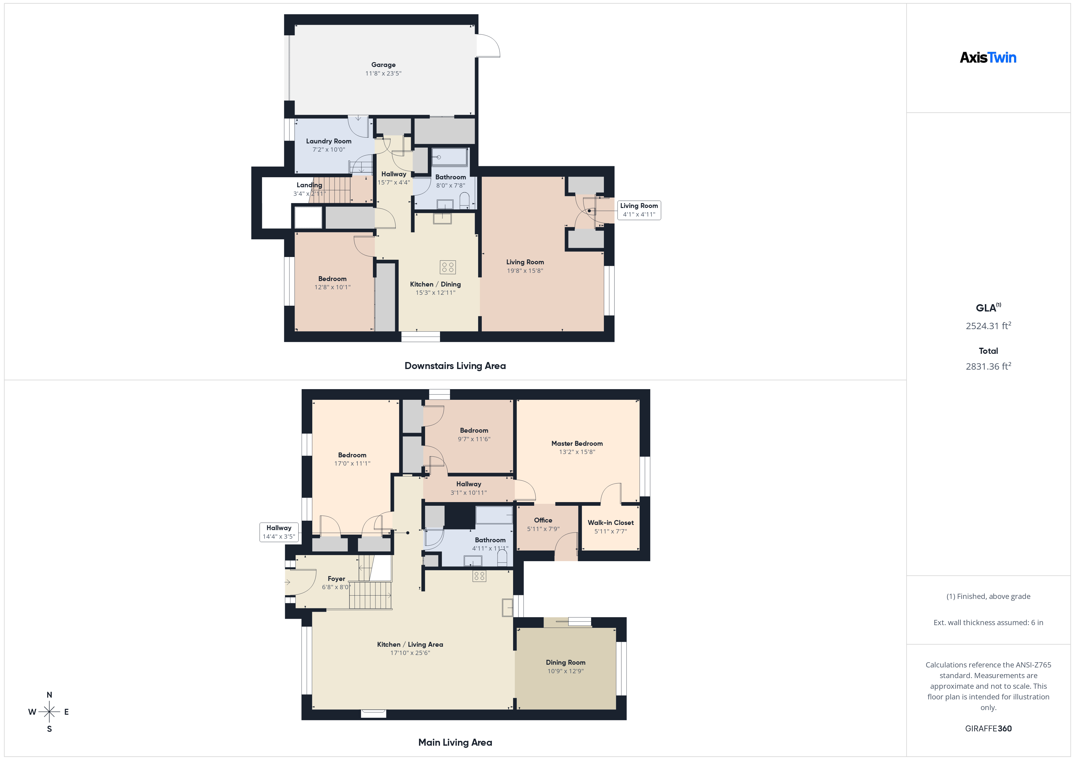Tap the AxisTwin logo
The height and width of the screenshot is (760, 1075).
tap(988, 58)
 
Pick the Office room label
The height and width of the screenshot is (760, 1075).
tap(543, 520)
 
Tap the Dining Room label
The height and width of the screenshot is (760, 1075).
tap(565, 663)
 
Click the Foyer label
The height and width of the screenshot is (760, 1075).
tap(336, 579)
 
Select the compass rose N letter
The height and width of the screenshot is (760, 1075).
tap(49, 695)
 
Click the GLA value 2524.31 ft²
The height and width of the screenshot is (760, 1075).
tap(988, 326)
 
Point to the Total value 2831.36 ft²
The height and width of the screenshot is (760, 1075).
tap(988, 366)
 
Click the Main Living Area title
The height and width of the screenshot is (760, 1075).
tap(455, 743)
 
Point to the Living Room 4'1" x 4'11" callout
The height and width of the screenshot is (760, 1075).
tap(639, 210)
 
